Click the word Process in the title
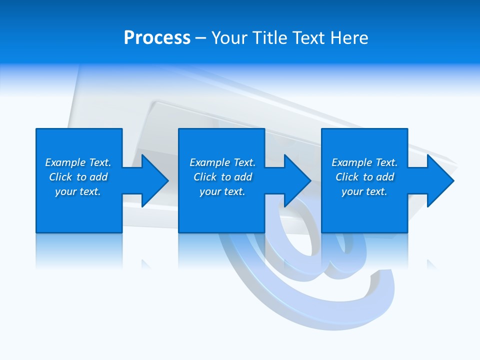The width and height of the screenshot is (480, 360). tap(157, 38)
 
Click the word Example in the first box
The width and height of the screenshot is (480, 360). tap(65, 162)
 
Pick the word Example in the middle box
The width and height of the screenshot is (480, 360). tap(210, 162)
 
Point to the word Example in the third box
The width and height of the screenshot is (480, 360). tap(352, 162)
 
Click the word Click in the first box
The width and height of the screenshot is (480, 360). tap(60, 177)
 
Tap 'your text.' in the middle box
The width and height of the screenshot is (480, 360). tap(222, 191)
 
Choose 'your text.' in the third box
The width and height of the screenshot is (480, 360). tap(364, 191)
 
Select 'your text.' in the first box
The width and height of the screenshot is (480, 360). tap(78, 191)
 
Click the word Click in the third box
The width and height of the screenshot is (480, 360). tap(347, 177)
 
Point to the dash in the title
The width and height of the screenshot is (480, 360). tap(200, 38)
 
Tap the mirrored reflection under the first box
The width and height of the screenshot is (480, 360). tap(79, 250)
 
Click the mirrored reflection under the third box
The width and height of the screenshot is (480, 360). tap(364, 250)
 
